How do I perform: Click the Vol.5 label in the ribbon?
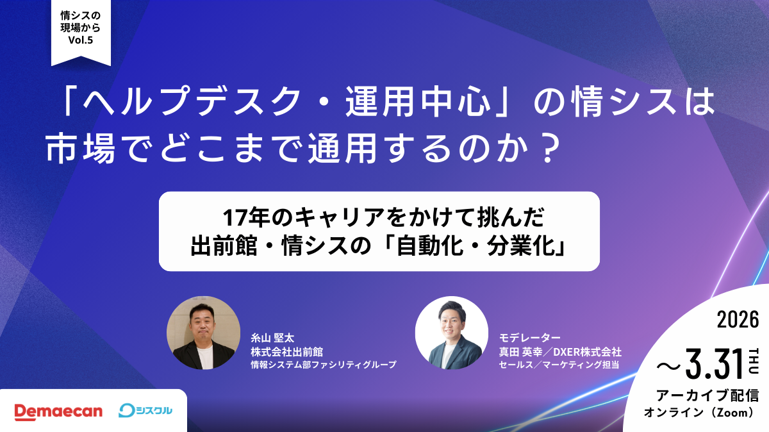point(81,39)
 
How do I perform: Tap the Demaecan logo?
point(58,411)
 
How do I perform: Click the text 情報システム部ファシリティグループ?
point(324,365)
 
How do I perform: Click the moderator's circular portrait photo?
point(452,333)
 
